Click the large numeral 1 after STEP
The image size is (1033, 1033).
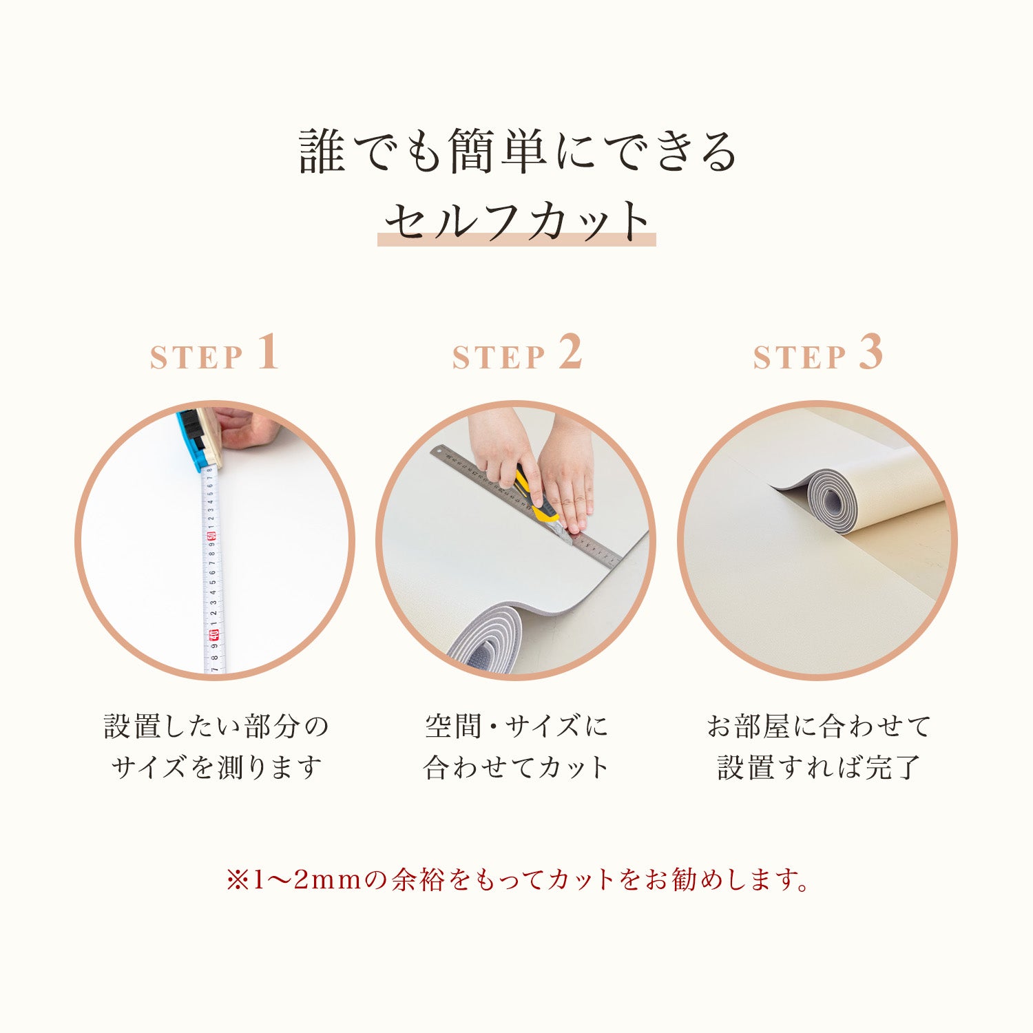(x=269, y=353)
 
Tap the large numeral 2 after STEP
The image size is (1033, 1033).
(x=570, y=353)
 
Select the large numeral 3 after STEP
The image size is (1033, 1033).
(x=871, y=353)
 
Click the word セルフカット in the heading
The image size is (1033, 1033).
(x=516, y=220)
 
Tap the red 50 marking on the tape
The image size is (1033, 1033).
(x=212, y=534)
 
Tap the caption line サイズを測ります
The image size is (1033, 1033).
(x=216, y=767)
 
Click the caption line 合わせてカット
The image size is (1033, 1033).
(x=516, y=767)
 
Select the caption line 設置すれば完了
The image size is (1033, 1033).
(x=818, y=767)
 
